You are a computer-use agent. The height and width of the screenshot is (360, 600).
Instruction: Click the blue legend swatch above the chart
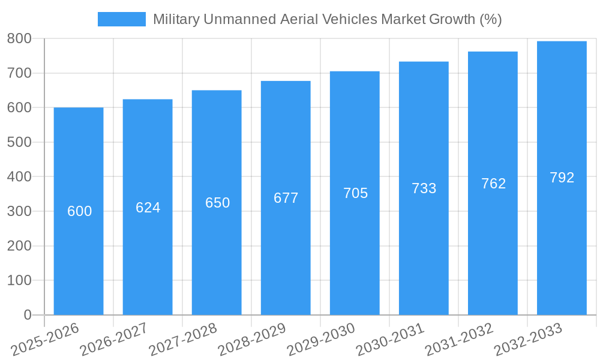tap(121, 19)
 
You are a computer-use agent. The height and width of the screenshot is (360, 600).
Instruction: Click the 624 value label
tap(148, 208)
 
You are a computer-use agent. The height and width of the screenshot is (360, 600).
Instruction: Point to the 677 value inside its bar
tap(286, 198)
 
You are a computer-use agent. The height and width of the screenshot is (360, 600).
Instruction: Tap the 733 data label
tap(424, 188)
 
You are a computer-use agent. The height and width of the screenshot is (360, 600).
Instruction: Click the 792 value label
tap(562, 178)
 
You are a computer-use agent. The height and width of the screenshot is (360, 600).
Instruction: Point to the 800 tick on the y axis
tap(19, 38)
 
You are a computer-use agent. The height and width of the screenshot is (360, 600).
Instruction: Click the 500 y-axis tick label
tap(19, 142)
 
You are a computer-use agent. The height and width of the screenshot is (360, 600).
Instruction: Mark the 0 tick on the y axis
tap(27, 315)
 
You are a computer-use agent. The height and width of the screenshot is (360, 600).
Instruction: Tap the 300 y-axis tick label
tap(19, 211)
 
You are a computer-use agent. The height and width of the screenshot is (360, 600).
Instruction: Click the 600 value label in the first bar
tap(79, 211)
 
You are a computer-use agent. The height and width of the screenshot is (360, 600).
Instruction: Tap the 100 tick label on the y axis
tap(19, 280)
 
